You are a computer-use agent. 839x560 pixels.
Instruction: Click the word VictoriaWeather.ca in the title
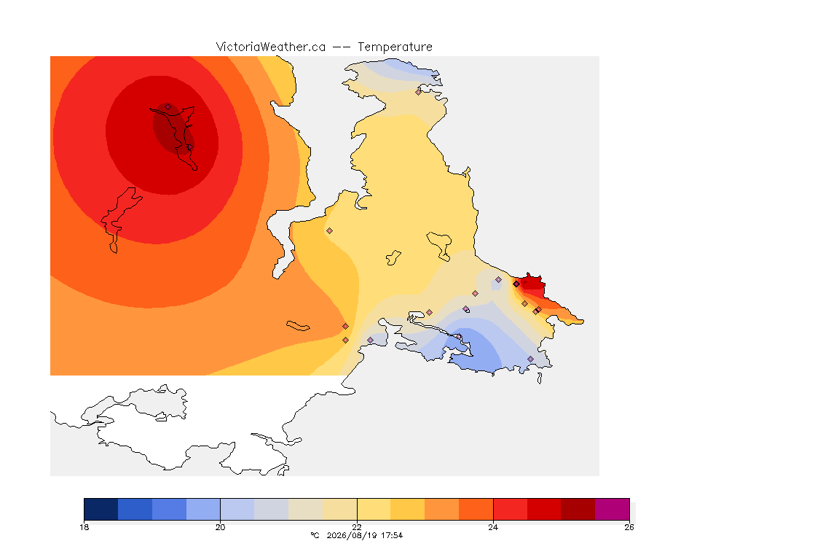coord(271,47)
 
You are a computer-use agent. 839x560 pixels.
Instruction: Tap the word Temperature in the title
coord(395,47)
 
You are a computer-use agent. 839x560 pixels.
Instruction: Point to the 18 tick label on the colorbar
coord(84,527)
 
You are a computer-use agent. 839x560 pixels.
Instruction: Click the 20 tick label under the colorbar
coord(221,527)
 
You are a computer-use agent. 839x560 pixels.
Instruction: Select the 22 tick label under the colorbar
coord(357,527)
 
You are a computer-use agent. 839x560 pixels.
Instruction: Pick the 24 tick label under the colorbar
coord(493,527)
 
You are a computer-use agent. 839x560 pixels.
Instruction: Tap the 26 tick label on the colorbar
coord(629,527)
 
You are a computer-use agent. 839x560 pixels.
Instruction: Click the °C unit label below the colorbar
coord(315,535)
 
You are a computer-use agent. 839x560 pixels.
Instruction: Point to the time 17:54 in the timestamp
coord(391,535)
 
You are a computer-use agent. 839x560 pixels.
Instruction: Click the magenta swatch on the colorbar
coord(612,509)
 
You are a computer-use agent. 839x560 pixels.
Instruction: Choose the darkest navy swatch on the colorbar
coord(101,509)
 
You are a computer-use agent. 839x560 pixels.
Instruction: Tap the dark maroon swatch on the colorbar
coord(578,509)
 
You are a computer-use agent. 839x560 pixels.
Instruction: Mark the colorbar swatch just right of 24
coord(510,509)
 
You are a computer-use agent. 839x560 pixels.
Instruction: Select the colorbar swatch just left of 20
coord(203,509)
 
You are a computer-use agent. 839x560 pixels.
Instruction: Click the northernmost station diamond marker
coord(419,92)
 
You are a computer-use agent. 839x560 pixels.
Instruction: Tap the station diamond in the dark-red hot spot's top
coord(168,107)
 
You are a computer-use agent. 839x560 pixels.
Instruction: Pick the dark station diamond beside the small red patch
coord(516,284)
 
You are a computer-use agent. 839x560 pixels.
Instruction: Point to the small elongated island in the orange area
coord(298,326)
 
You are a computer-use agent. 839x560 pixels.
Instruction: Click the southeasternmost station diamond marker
coord(531,359)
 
